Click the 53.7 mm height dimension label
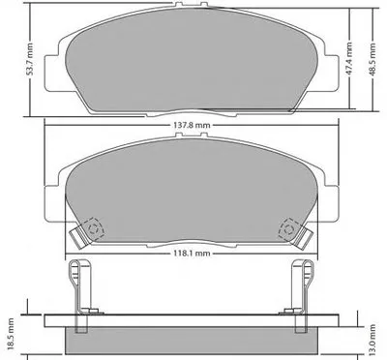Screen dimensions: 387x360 click(29, 59)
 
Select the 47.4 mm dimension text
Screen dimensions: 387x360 click(348, 59)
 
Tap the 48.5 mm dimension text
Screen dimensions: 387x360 click(372, 59)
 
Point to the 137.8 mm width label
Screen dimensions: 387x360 click(192, 125)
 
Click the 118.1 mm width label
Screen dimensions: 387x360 click(192, 254)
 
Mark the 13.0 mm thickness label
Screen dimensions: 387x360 click(372, 339)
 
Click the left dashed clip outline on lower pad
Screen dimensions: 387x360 click(94, 228)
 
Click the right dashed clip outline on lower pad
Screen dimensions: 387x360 click(289, 229)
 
